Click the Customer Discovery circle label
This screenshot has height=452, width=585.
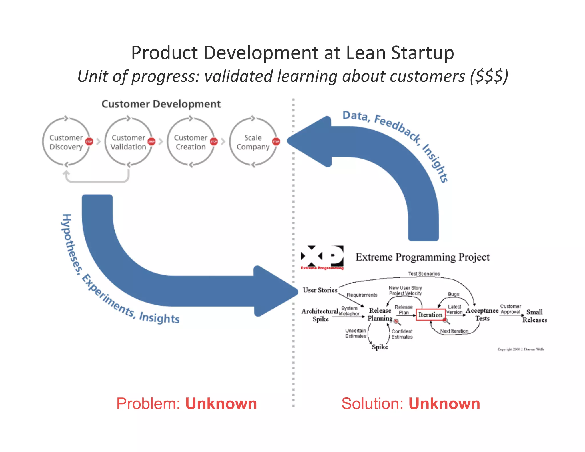click(66, 142)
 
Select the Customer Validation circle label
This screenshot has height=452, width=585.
click(128, 142)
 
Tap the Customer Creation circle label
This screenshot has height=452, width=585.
click(191, 142)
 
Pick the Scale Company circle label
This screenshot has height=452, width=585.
click(253, 142)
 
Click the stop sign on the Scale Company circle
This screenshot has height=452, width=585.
click(276, 141)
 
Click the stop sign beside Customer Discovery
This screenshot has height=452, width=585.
click(89, 141)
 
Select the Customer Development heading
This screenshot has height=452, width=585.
click(161, 104)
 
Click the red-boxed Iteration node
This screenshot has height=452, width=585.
click(430, 315)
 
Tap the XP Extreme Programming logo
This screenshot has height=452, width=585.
click(322, 257)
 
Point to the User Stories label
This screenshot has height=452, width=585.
click(320, 290)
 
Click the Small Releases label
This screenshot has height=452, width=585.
click(534, 316)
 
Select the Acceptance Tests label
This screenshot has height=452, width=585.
click(482, 314)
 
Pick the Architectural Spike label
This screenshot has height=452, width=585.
click(320, 315)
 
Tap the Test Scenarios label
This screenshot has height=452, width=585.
click(424, 274)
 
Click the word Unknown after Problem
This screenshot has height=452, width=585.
click(221, 404)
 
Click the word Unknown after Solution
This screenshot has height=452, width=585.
click(444, 404)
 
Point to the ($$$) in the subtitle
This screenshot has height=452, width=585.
click(489, 77)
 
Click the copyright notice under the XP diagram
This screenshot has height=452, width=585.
click(521, 349)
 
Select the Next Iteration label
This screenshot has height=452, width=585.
click(454, 331)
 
